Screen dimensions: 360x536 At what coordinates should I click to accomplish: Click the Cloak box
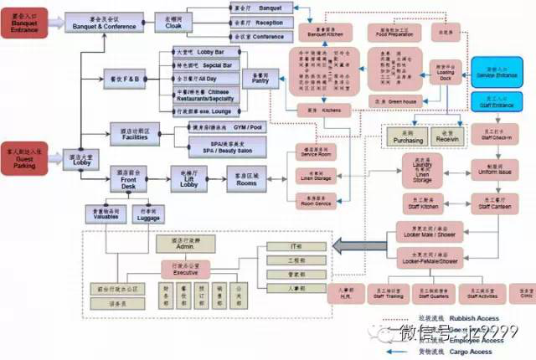pyautogui.click(x=173, y=22)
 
